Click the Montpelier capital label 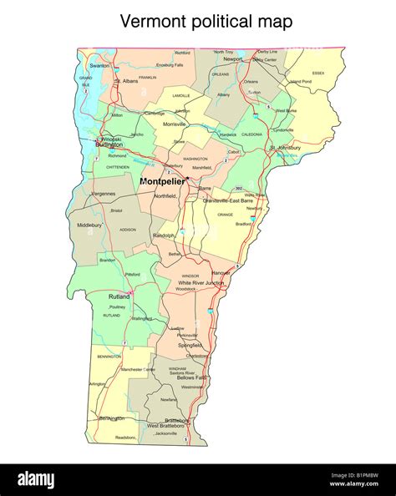click(161, 181)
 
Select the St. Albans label click(128, 81)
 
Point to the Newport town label click(231, 60)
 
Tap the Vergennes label click(104, 193)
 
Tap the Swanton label click(99, 65)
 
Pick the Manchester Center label click(138, 369)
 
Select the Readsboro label click(126, 437)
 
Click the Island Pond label click(301, 82)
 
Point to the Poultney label click(116, 307)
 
